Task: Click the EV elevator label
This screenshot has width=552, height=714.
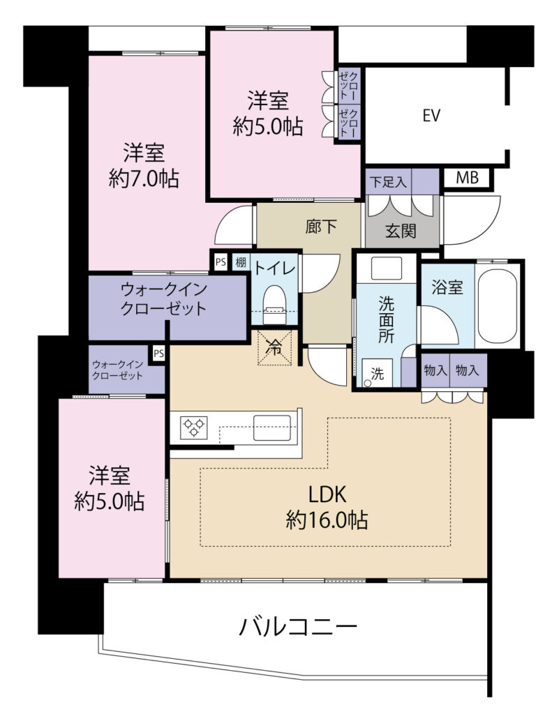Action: pyautogui.click(x=431, y=115)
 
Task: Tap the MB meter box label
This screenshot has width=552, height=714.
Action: pyautogui.click(x=468, y=178)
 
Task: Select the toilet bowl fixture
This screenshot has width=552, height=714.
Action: pyautogui.click(x=274, y=303)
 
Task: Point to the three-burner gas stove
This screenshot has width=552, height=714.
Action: pyautogui.click(x=194, y=427)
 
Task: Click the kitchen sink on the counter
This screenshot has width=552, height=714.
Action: pyautogui.click(x=271, y=427)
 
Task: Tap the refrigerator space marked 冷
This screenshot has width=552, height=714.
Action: pyautogui.click(x=275, y=347)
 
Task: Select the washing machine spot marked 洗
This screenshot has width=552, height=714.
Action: pyautogui.click(x=377, y=373)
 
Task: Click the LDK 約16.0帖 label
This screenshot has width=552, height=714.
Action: pyautogui.click(x=327, y=506)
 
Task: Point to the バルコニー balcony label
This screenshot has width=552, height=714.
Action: pyautogui.click(x=298, y=627)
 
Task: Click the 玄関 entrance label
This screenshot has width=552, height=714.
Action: pyautogui.click(x=401, y=231)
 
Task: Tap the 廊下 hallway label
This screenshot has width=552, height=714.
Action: pyautogui.click(x=321, y=227)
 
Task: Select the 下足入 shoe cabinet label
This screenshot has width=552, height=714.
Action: pyautogui.click(x=387, y=182)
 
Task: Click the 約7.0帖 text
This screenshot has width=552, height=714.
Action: pyautogui.click(x=144, y=178)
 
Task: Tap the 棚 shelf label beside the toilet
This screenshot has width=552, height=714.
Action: pyautogui.click(x=240, y=262)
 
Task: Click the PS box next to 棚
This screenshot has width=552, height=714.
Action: pyautogui.click(x=221, y=262)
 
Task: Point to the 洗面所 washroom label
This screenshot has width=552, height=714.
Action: pyautogui.click(x=386, y=319)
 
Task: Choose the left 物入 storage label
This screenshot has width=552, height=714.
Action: pyautogui.click(x=435, y=370)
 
